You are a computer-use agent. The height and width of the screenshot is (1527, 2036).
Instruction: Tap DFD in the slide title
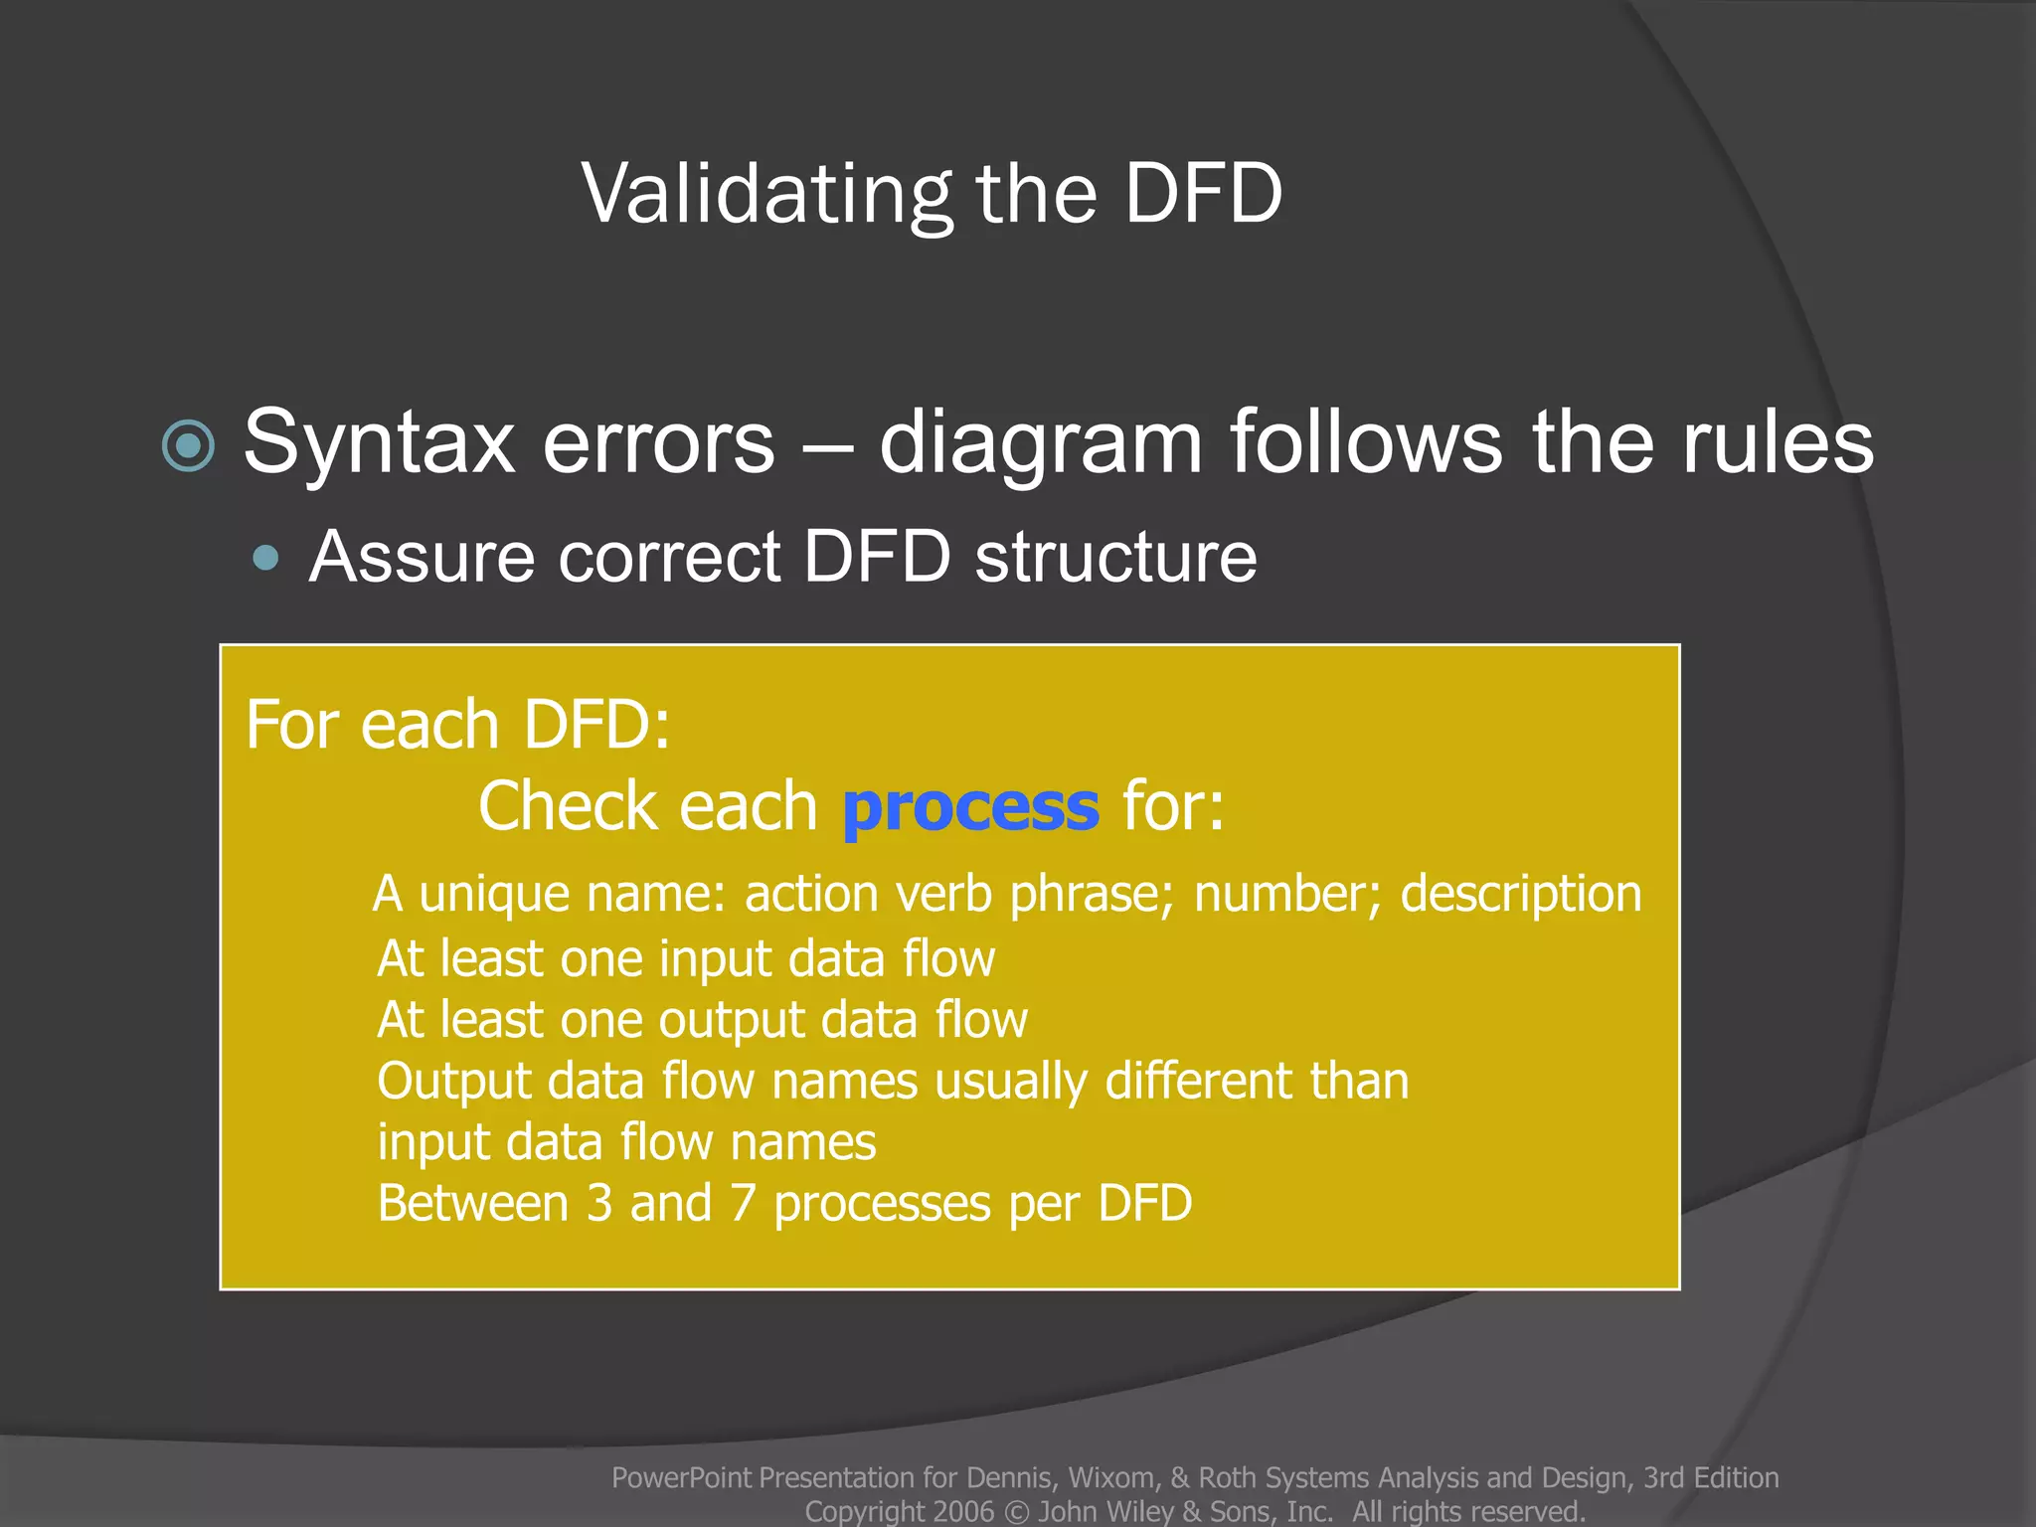1204,194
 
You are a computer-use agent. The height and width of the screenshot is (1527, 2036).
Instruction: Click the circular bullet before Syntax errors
188,444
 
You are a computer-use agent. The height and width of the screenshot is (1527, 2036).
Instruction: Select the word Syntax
379,444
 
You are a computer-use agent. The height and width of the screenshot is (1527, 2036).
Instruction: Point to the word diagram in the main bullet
1041,444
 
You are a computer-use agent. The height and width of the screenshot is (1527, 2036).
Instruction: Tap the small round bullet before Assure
265,558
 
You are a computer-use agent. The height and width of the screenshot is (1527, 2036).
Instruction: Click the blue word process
970,806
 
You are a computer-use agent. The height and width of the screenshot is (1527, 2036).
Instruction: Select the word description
1521,894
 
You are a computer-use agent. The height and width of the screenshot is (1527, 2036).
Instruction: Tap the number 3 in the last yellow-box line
599,1204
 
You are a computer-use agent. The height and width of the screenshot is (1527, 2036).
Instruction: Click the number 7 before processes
743,1204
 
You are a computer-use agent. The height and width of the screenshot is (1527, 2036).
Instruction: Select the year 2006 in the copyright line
963,1511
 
